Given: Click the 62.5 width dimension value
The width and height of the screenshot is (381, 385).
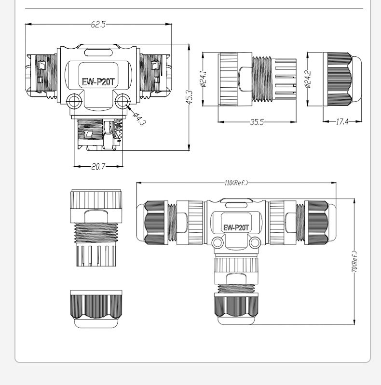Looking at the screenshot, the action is (x=98, y=24).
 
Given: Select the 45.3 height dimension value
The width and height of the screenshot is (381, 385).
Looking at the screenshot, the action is (x=190, y=97).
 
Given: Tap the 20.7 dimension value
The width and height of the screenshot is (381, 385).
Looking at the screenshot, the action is (x=98, y=167).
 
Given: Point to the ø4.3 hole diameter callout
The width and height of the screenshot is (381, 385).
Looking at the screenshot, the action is (x=139, y=119).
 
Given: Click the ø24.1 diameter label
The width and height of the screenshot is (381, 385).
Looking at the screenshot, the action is (x=204, y=79).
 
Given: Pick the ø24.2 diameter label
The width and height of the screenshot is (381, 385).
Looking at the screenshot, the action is (x=308, y=79).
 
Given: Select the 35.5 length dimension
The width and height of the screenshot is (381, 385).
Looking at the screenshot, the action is (x=257, y=122).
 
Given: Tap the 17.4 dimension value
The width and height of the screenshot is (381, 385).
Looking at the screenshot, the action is (x=342, y=121).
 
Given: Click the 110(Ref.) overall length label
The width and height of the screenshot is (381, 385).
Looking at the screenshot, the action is (x=236, y=183).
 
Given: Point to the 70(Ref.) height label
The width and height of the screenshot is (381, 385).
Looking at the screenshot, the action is (x=354, y=262).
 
